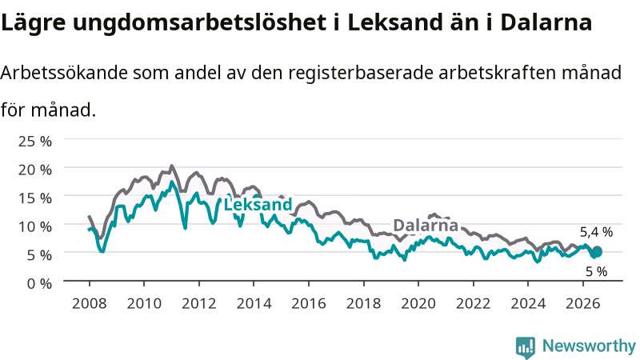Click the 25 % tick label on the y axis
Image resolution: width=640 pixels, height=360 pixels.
(35, 142)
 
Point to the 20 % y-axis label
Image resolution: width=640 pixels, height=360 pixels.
(35, 170)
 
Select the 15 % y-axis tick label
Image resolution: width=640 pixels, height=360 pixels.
(35, 198)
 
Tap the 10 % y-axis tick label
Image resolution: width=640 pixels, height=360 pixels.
(35, 226)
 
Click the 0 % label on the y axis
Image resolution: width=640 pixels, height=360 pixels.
(39, 283)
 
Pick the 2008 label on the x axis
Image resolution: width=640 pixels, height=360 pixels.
(90, 304)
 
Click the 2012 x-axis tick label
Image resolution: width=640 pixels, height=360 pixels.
(198, 304)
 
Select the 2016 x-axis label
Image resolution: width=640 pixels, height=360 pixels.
(309, 304)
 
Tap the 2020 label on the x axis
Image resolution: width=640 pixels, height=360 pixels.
(418, 304)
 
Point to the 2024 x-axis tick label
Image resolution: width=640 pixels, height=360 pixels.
(528, 304)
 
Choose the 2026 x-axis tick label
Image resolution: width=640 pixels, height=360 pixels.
(583, 304)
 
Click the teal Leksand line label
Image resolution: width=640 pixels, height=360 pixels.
(258, 204)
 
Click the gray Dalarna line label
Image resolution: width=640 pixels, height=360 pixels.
(426, 225)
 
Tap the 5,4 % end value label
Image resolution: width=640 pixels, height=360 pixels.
(596, 232)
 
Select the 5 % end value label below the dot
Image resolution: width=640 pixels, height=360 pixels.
(596, 271)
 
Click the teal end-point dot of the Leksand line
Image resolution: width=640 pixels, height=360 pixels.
(597, 253)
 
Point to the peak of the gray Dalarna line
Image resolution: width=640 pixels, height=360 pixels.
(171, 166)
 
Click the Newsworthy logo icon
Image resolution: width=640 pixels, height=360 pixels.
(526, 347)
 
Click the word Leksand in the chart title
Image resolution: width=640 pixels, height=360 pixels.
(395, 22)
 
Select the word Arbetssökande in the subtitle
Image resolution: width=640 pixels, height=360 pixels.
(64, 73)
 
